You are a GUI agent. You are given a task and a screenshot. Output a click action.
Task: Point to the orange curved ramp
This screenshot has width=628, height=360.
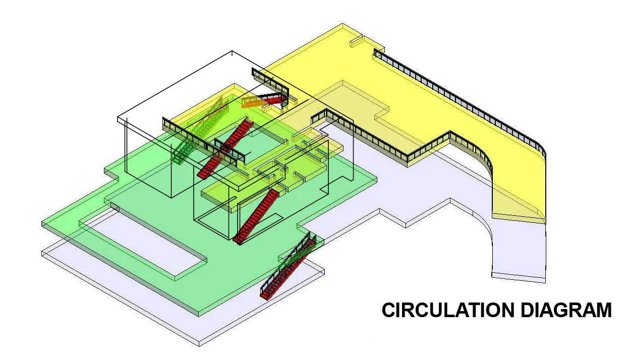tap(255, 102)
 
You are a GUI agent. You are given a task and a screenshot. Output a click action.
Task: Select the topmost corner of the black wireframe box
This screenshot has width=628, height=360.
tap(232, 51)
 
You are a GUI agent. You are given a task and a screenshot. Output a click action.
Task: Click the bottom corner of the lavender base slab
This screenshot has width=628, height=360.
tap(199, 344)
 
